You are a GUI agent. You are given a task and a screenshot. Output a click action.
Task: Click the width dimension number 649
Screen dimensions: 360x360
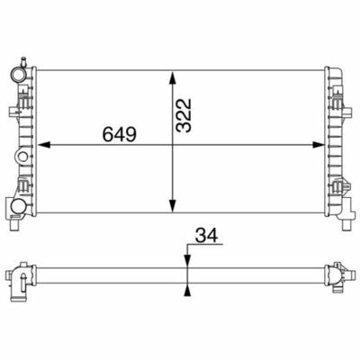[x=120, y=134]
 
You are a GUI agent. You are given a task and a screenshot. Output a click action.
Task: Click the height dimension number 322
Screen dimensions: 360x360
[x=184, y=115]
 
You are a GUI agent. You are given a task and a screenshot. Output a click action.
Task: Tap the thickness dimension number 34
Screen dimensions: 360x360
[x=206, y=235]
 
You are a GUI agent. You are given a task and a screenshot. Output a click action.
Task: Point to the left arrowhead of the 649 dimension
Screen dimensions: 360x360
[x=44, y=145]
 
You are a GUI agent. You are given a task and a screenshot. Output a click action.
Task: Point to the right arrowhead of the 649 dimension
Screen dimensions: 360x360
[x=319, y=145]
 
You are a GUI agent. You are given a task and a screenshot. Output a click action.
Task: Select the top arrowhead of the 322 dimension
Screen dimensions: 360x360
[x=172, y=77]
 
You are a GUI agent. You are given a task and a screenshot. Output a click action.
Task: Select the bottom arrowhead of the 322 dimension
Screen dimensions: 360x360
[x=172, y=206]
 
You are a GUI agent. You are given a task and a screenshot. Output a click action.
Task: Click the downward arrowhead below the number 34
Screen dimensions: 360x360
[x=187, y=260]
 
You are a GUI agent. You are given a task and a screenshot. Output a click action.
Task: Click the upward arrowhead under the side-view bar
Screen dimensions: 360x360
[x=187, y=291]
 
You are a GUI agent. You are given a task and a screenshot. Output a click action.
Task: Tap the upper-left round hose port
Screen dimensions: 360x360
[x=17, y=75]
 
